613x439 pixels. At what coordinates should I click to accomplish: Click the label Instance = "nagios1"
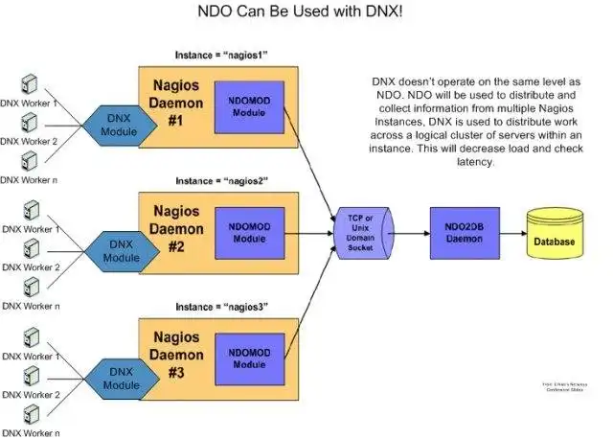(220, 55)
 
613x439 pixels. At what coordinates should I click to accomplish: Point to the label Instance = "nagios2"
(220, 180)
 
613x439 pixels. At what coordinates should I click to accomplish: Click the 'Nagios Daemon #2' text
(177, 229)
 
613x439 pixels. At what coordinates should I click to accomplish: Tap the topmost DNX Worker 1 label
(30, 103)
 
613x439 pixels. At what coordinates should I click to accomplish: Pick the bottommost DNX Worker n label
(30, 432)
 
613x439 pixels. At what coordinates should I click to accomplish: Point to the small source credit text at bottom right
(563, 386)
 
